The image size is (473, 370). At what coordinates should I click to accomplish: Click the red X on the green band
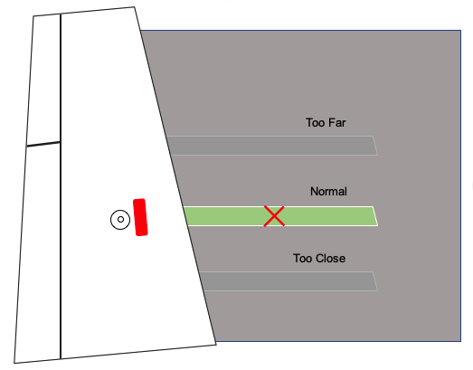274,216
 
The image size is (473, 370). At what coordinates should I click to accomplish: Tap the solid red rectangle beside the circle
140,217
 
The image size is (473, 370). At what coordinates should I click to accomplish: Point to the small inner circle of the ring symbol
120,220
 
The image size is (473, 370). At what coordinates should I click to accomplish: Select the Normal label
328,192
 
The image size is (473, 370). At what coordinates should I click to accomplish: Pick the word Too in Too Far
314,123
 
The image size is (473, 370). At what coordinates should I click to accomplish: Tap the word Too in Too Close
302,259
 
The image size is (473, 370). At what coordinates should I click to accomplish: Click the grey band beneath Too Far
271,146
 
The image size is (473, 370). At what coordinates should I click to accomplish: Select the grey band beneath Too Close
289,281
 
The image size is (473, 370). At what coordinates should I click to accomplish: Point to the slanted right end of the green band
375,216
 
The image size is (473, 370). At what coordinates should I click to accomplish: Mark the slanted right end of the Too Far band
375,146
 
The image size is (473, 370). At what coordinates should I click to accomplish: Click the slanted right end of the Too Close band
375,281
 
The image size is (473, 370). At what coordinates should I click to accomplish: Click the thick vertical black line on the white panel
61,186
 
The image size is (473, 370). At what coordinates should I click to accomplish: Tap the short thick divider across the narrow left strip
43,144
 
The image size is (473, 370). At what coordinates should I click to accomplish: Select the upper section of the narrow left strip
44,79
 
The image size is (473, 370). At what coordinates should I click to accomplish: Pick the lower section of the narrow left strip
38,253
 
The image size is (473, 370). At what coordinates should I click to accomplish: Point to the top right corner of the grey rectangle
460,31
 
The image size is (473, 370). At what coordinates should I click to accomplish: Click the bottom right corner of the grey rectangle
460,341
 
